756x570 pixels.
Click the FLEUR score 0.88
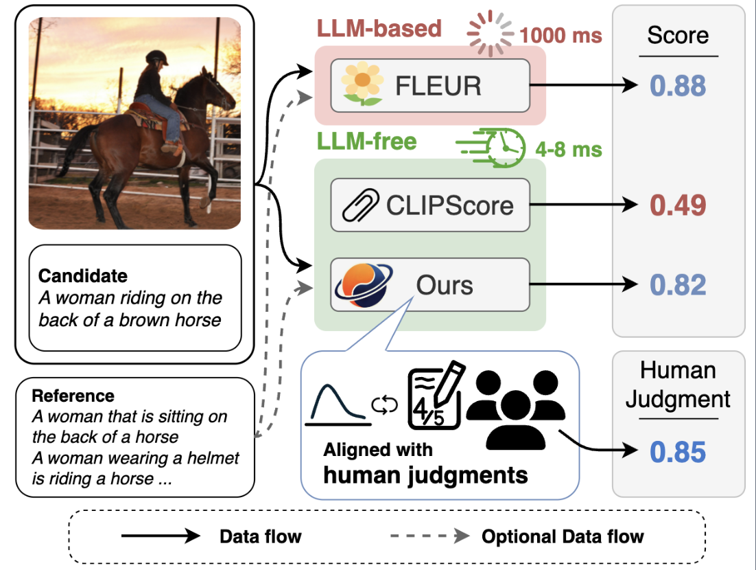(678, 86)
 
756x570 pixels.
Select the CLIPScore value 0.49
(678, 205)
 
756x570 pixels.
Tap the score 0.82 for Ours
(678, 285)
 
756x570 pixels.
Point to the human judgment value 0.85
(678, 453)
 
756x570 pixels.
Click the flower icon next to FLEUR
(362, 85)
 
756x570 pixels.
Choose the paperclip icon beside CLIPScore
(362, 205)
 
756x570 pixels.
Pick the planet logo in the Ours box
(363, 285)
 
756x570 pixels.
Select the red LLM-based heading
(379, 29)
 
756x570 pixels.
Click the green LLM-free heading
(366, 141)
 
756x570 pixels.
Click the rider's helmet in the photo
(156, 57)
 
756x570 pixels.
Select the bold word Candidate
(83, 276)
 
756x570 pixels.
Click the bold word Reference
(73, 396)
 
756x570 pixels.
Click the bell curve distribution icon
(338, 404)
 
